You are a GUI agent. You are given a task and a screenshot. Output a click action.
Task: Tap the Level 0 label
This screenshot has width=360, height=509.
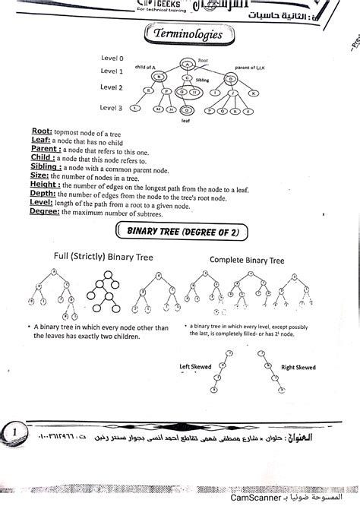pos(112,58)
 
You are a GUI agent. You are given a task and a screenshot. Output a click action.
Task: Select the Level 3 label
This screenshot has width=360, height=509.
pos(112,108)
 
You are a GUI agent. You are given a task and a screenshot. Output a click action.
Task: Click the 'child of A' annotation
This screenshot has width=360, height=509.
pos(146,67)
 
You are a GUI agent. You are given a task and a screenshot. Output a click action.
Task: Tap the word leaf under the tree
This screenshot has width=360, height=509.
pos(185,120)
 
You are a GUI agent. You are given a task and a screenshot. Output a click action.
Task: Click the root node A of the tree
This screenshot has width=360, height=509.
pos(187,65)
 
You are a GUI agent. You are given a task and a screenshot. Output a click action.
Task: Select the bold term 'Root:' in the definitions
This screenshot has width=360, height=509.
pos(42,131)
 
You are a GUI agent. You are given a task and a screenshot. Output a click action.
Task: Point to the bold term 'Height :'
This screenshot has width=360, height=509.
pos(46,185)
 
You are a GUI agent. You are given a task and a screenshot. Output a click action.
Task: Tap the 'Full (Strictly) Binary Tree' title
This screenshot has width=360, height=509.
pos(104,258)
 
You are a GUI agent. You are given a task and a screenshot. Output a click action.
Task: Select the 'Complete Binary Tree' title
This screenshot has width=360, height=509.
pos(247,260)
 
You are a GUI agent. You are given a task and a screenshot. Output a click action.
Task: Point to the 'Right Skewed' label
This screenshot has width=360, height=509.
pos(298,367)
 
